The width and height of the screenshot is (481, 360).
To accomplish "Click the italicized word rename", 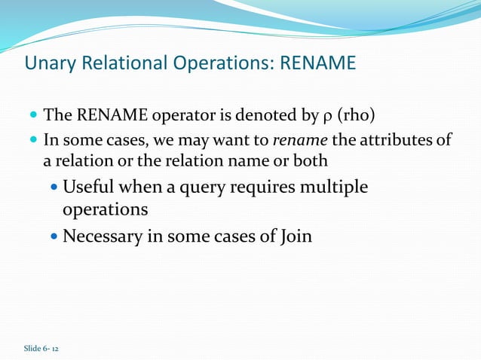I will tap(299, 139).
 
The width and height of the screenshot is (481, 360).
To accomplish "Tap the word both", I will tap(312, 161).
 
